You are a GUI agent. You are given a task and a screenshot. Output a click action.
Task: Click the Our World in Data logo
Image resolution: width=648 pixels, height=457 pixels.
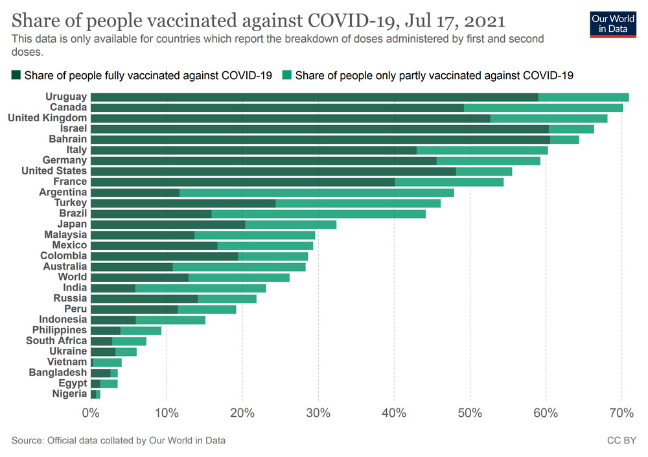coord(612,23)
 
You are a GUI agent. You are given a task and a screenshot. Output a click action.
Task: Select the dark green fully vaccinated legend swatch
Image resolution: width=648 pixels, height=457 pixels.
coord(16,76)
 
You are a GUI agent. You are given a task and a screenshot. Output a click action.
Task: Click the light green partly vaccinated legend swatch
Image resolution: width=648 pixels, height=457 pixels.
coord(287,76)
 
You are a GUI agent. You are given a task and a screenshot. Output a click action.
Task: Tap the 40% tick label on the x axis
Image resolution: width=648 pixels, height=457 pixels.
coord(394,413)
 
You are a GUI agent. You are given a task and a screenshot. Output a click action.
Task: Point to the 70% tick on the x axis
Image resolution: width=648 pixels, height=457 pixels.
coord(621,413)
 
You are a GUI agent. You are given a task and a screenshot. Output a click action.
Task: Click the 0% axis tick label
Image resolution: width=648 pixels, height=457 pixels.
coord(91,413)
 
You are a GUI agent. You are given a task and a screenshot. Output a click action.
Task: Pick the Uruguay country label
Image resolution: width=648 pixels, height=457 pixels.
coord(66,97)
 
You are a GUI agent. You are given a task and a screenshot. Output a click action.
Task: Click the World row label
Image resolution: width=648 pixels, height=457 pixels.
coord(73,277)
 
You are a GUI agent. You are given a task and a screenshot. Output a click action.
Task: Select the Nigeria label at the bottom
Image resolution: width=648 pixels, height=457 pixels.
coord(69,393)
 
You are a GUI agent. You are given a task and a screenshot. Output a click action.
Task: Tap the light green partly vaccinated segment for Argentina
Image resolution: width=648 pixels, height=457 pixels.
coord(316,193)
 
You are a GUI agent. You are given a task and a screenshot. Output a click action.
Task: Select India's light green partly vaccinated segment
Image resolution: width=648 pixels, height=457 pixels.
coord(200,288)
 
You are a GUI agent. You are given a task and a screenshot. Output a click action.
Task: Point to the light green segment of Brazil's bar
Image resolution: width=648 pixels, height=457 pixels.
coord(318,214)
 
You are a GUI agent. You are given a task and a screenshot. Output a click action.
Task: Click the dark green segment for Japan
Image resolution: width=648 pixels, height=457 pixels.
coord(168,224)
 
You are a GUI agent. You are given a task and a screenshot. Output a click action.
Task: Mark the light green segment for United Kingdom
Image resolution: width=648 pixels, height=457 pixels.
coord(549,119)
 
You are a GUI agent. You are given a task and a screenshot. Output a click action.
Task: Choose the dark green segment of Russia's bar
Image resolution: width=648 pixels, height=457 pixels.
coord(144,298)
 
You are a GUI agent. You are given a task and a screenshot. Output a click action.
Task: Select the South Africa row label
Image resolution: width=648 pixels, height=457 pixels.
coord(56,340)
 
